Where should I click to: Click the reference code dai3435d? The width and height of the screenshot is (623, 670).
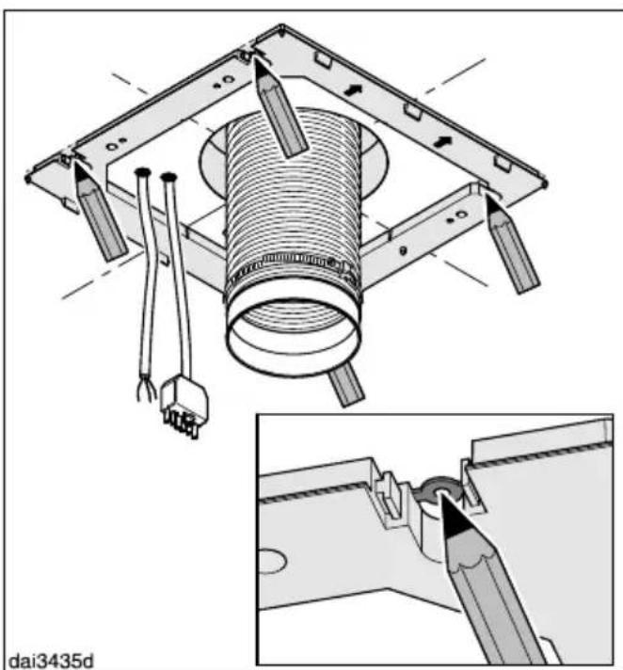pyautogui.click(x=51, y=660)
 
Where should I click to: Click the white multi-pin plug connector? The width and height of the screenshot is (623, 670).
pyautogui.click(x=184, y=405)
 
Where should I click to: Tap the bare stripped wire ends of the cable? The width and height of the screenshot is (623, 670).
pyautogui.click(x=146, y=390)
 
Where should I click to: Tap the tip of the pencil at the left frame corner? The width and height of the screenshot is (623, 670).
pyautogui.click(x=77, y=166)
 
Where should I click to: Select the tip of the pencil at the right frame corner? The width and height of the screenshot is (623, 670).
pyautogui.click(x=488, y=198)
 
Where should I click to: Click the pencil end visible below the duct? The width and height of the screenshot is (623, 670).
pyautogui.click(x=347, y=385)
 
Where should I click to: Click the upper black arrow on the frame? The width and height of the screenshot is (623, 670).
pyautogui.click(x=353, y=90)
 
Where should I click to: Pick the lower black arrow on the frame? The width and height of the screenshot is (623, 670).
pyautogui.click(x=443, y=141)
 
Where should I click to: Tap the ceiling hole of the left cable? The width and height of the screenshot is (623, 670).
pyautogui.click(x=142, y=172)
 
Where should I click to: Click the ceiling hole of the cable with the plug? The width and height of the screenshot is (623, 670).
pyautogui.click(x=168, y=176)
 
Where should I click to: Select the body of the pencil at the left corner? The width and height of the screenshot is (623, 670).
pyautogui.click(x=102, y=219)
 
